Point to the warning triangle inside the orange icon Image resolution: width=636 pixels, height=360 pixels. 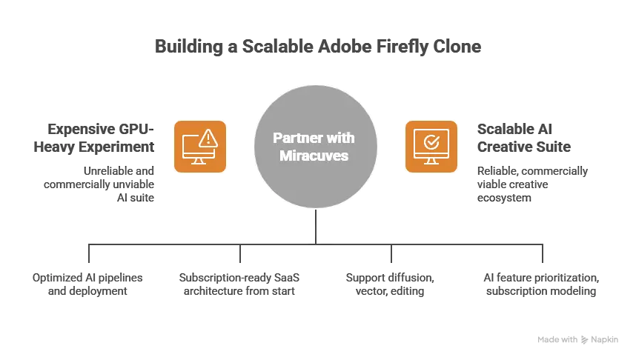[x=208, y=137]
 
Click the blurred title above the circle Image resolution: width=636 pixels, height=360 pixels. [x=319, y=46]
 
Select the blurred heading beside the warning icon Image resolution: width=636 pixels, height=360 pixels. [x=102, y=136]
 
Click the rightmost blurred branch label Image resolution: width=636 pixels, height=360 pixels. [x=540, y=284]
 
